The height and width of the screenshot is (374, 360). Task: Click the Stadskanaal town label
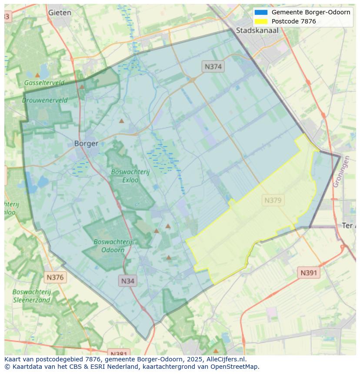click(x=257, y=30)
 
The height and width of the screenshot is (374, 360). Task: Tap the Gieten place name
click(x=60, y=13)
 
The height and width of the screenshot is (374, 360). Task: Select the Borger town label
click(x=86, y=143)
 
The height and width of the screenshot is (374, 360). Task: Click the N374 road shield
click(x=213, y=66)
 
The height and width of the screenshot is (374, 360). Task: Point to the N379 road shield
click(x=273, y=200)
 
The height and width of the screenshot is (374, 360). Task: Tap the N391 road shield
click(x=309, y=273)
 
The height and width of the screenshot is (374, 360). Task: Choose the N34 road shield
click(x=127, y=281)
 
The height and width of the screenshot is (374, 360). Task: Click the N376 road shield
click(x=55, y=277)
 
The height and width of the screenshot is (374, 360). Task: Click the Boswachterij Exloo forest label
click(x=130, y=175)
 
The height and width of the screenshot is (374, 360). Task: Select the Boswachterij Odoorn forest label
click(x=113, y=245)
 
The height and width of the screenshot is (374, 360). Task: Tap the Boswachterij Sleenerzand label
click(x=32, y=296)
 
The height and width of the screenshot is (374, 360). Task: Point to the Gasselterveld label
click(x=44, y=83)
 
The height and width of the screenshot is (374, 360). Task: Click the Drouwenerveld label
click(x=45, y=100)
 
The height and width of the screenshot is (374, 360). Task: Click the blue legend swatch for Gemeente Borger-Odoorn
click(x=261, y=12)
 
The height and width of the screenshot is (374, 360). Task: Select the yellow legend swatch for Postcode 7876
click(x=261, y=21)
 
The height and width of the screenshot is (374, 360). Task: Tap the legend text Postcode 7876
click(x=293, y=21)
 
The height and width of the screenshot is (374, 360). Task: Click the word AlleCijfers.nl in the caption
click(x=226, y=359)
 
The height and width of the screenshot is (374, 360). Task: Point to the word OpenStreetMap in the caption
click(x=234, y=367)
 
